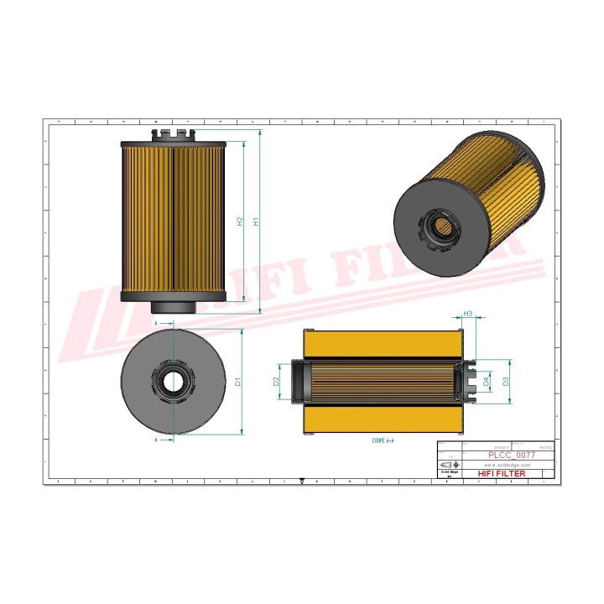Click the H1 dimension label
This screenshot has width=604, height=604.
[x=257, y=222]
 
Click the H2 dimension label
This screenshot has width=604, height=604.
[x=240, y=222]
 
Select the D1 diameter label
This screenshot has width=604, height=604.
[x=238, y=382]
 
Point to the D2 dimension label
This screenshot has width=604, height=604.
[x=276, y=382]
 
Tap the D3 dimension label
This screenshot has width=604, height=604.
[x=505, y=382]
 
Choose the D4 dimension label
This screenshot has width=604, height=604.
[x=487, y=382]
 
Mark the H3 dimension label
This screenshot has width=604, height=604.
[x=468, y=314]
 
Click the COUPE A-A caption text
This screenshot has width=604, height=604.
[x=383, y=440]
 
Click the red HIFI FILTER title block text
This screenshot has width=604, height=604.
[x=501, y=474]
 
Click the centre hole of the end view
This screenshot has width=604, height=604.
[x=173, y=383]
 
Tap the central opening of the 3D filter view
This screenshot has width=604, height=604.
[x=442, y=226]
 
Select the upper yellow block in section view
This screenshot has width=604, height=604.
[x=383, y=343]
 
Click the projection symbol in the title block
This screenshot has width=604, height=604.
[x=450, y=465]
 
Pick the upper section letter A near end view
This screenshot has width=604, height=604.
[x=156, y=321]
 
